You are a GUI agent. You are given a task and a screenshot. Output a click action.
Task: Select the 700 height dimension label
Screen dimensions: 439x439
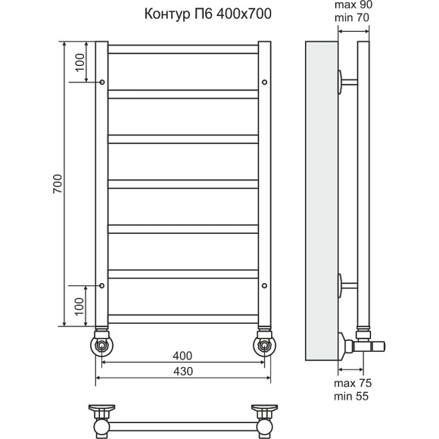click(58, 185)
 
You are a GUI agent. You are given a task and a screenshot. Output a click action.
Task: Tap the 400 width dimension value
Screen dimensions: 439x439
click(182, 356)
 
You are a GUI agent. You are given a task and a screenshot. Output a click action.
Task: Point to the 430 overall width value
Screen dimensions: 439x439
click(182, 371)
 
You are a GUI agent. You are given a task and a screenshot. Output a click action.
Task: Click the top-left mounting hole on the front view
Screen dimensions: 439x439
click(102, 81)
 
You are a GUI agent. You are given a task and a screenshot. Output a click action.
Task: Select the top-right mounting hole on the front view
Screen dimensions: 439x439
click(264, 81)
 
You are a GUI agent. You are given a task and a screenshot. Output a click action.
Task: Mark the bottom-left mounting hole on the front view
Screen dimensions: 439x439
click(102, 286)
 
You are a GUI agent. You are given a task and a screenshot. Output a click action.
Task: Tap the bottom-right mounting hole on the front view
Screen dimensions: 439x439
click(264, 286)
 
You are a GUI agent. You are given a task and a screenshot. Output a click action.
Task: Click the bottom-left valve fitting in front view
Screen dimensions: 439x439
click(101, 344)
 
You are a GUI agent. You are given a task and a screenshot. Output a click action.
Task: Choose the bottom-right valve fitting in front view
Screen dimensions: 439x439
click(264, 344)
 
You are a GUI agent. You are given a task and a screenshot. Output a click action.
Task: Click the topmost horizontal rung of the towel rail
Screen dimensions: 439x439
click(183, 49)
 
